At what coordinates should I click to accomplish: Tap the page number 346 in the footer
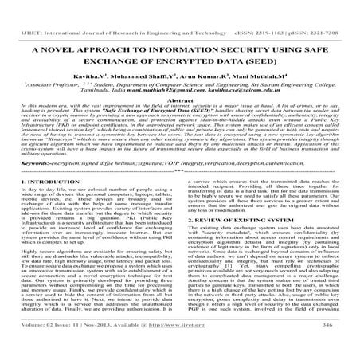coord(326,348)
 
